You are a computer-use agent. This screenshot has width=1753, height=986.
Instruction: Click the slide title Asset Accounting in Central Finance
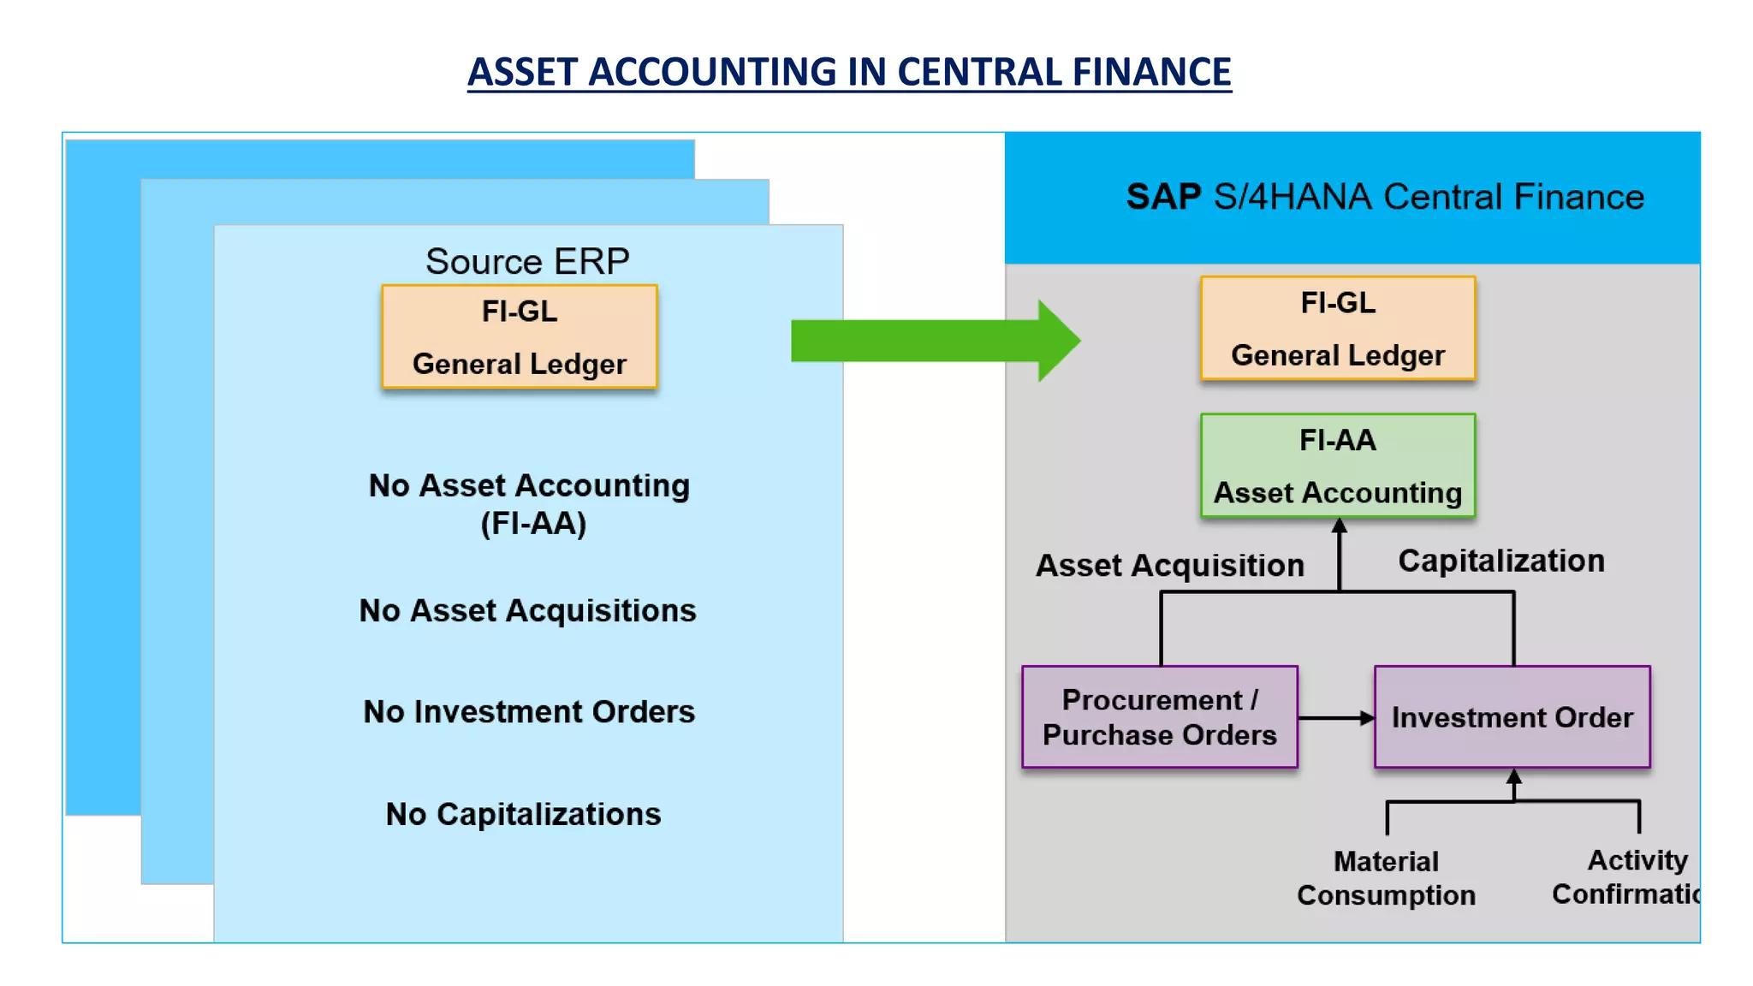(849, 72)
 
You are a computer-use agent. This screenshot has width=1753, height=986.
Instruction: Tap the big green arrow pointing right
(933, 341)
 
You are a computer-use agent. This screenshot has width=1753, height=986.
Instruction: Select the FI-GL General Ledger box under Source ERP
(520, 336)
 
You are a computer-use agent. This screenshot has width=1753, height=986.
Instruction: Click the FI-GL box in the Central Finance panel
(1338, 328)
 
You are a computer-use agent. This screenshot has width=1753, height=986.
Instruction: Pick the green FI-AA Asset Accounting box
(1338, 466)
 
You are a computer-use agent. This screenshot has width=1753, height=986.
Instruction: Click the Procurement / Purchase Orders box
(1160, 717)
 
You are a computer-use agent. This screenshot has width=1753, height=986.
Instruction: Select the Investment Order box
(1512, 717)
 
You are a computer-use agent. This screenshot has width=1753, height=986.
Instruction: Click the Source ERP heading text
(527, 261)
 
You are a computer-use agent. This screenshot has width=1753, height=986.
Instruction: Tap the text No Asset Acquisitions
(527, 610)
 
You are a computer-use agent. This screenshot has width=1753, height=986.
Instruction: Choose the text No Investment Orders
(529, 711)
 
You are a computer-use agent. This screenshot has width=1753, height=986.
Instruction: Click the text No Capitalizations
(524, 814)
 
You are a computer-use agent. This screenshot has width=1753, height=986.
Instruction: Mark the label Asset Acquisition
(1170, 565)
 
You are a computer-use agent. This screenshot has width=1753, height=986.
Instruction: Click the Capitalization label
(1501, 561)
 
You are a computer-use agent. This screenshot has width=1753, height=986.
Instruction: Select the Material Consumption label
(1386, 878)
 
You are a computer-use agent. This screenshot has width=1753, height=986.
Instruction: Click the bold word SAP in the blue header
(1163, 197)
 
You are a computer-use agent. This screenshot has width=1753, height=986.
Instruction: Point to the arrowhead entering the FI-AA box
(1340, 526)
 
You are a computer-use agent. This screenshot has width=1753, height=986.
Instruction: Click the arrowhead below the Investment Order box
(1513, 776)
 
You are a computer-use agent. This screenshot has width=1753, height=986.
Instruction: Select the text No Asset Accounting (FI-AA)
(530, 504)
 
